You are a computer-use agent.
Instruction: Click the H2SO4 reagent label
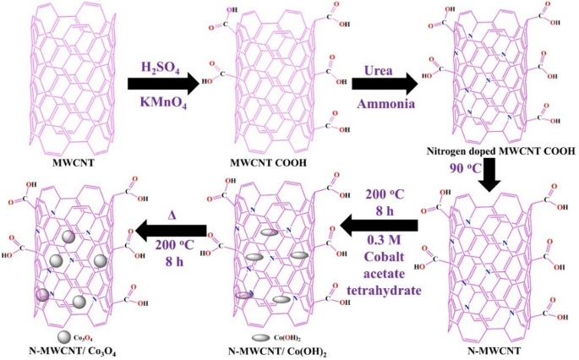161,65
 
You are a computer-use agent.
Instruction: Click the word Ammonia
384,103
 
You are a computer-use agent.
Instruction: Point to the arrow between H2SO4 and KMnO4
162,84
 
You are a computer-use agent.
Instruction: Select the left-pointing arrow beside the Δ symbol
173,227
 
